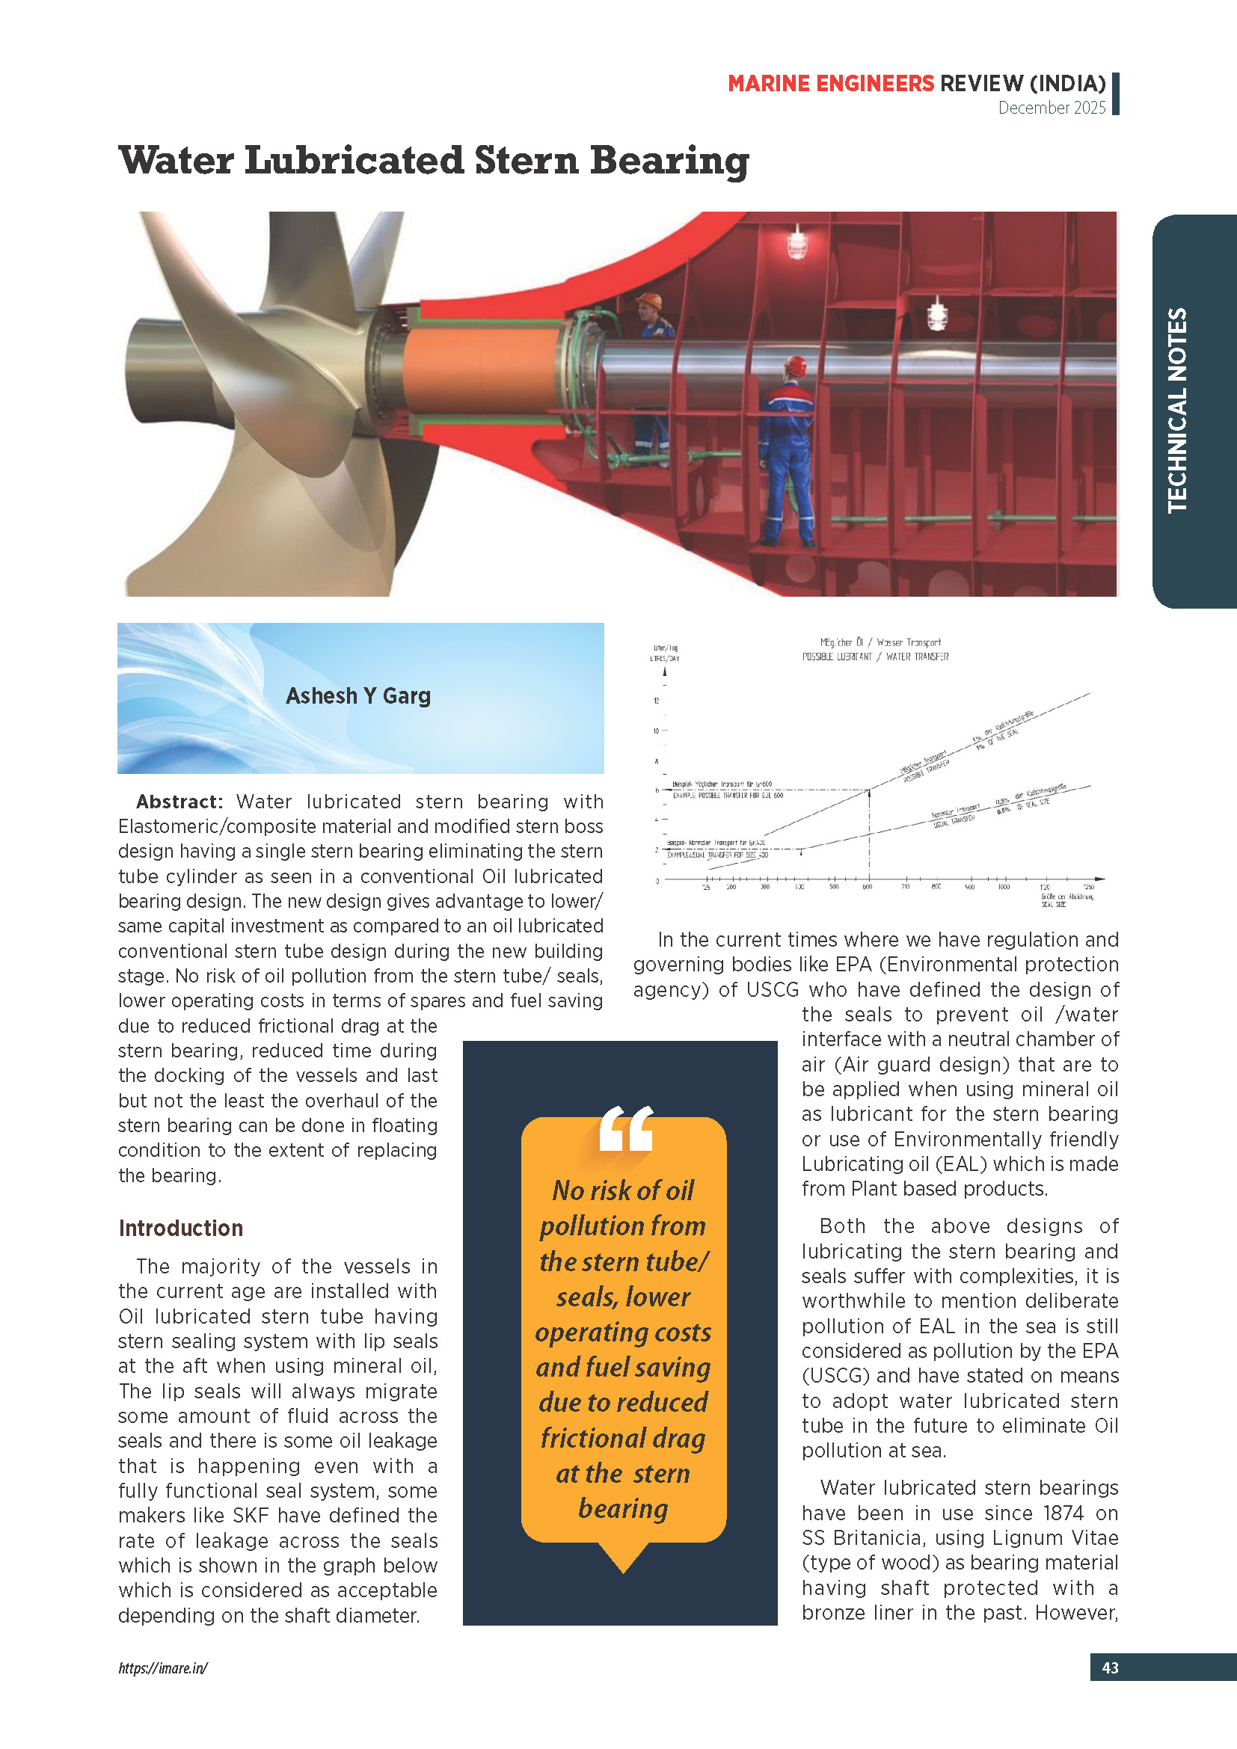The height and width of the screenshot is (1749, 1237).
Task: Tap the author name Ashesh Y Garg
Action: (358, 695)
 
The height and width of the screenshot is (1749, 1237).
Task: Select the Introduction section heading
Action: (180, 1228)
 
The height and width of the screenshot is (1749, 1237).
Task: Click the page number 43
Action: (1110, 1667)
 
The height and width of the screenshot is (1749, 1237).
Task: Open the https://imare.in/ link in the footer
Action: (163, 1667)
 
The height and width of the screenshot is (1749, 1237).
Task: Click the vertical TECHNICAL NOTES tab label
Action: (1178, 410)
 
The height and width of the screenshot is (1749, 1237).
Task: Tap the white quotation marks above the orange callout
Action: (625, 1128)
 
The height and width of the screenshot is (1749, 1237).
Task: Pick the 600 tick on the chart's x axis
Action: (868, 887)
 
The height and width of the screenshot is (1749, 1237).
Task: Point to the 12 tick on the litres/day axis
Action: (657, 701)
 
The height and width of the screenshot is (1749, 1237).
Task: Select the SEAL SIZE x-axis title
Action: (1054, 904)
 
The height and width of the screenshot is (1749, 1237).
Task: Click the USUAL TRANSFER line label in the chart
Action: (953, 820)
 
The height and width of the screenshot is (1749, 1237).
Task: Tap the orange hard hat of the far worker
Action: (648, 300)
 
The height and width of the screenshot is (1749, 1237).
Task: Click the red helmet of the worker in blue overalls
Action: (796, 365)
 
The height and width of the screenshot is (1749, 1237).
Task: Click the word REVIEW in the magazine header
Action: (982, 83)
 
